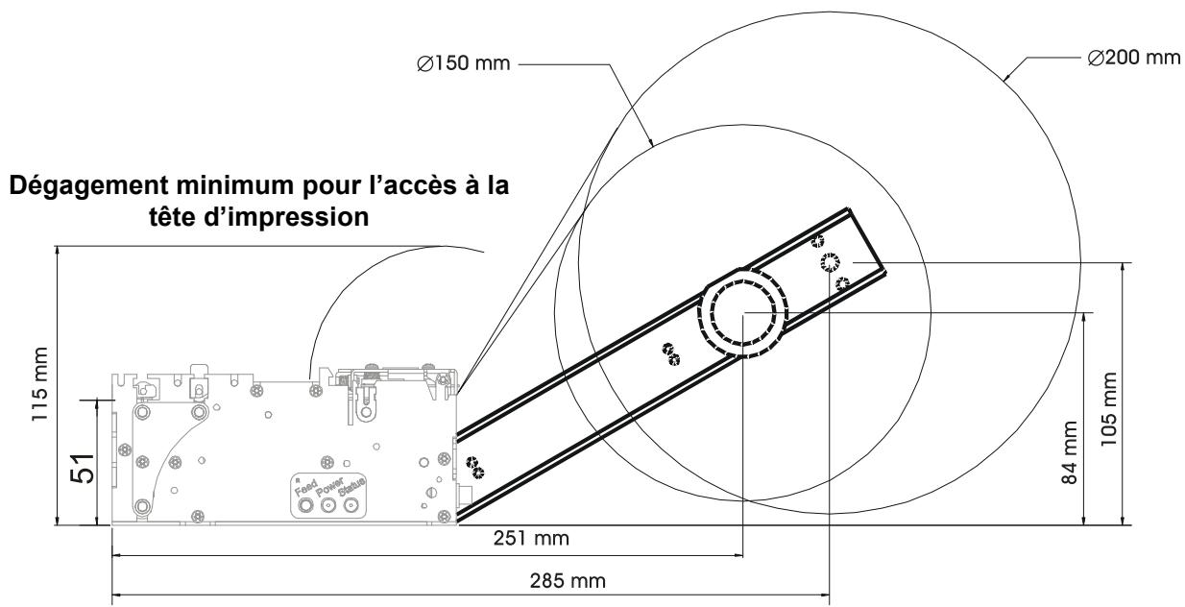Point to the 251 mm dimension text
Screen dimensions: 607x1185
526,540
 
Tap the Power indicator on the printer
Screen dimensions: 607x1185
329,505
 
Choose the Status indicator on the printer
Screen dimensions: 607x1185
354,505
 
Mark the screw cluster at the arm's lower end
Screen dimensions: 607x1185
473,468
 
